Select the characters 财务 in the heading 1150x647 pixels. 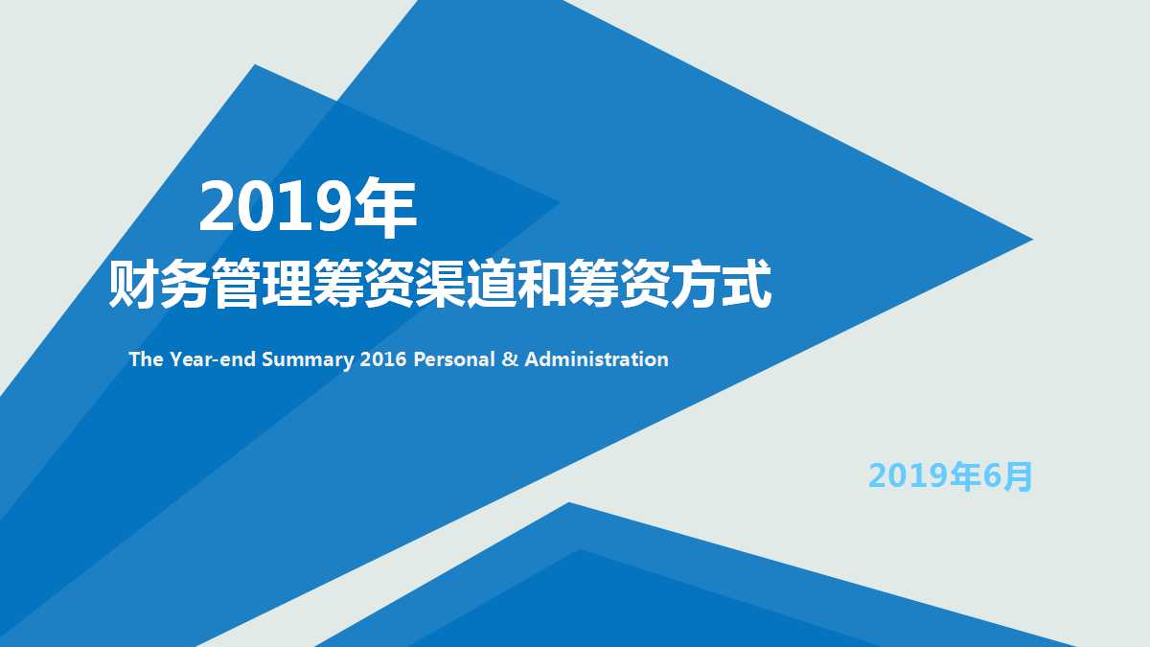click(x=159, y=284)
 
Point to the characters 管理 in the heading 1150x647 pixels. click(x=261, y=284)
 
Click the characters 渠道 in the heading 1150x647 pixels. click(x=466, y=284)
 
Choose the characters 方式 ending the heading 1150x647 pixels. click(x=721, y=284)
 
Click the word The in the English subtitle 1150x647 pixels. click(x=147, y=359)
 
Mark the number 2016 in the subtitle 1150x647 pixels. click(x=384, y=359)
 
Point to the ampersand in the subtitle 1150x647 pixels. click(x=510, y=359)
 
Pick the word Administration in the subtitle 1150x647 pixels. click(x=596, y=359)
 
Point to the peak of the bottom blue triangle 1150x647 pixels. click(x=569, y=505)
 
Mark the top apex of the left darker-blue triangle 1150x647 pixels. click(x=255, y=67)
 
